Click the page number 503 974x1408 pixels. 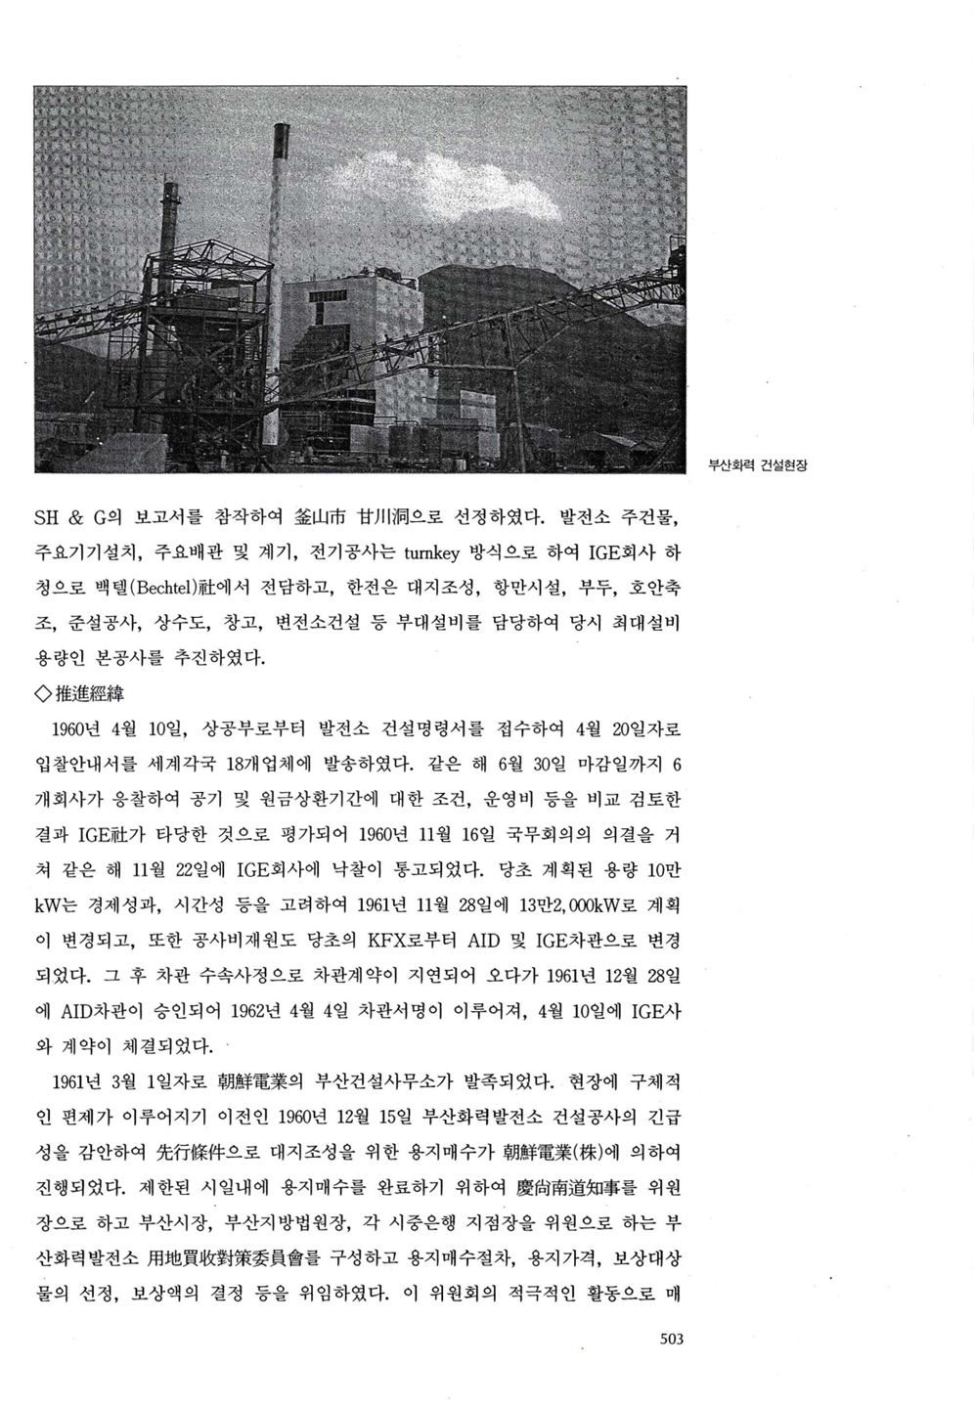[x=670, y=1339]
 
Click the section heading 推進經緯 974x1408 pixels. [x=90, y=694]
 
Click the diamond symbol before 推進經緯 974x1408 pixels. [x=42, y=695]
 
